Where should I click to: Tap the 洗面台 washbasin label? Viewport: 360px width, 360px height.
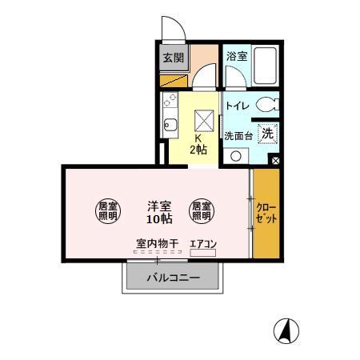coord(238,135)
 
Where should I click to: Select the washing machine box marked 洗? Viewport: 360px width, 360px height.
coord(268,134)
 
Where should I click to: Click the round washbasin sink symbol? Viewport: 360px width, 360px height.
coord(235,155)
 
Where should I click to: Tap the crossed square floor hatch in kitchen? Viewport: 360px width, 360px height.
coord(203,121)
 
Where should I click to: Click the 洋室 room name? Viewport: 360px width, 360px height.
coord(157,203)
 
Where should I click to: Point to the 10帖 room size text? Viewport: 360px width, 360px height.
coord(157,218)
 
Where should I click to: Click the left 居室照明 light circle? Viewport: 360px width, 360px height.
coord(108,210)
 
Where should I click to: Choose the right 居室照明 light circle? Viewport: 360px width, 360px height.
coord(201,210)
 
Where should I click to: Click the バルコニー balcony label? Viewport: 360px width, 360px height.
coord(172,279)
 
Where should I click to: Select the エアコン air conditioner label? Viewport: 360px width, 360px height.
coord(203,245)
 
